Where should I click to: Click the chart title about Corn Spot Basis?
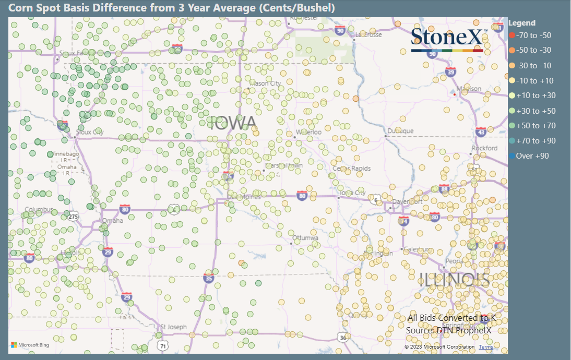click(172, 8)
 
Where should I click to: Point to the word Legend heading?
click(521, 23)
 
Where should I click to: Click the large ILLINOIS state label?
click(455, 280)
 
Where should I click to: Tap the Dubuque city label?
click(401, 131)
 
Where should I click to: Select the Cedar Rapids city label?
click(352, 169)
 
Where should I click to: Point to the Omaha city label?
click(113, 221)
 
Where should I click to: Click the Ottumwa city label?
click(305, 237)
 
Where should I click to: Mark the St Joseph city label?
click(174, 327)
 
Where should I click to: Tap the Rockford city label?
click(484, 148)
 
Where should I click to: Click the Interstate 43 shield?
click(481, 133)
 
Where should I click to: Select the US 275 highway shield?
click(73, 216)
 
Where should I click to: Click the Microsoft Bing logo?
click(30, 345)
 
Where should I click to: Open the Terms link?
click(486, 347)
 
